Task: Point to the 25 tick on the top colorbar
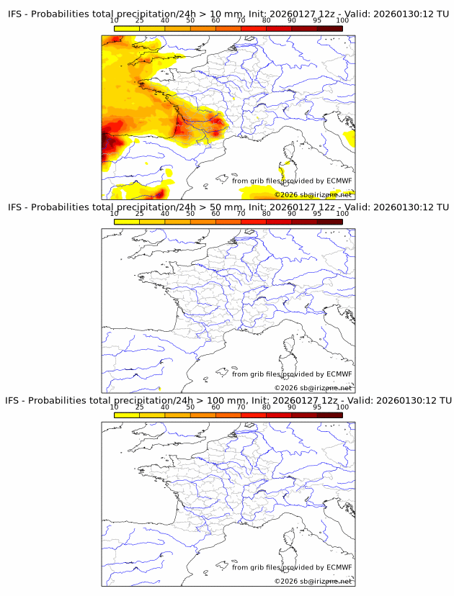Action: pos(140,21)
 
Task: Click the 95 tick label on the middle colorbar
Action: pos(317,214)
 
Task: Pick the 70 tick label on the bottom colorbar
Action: pos(241,407)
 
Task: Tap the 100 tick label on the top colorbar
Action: pos(342,21)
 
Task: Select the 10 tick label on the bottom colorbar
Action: pos(115,407)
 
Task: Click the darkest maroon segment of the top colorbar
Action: pos(329,29)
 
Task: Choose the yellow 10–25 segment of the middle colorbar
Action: pos(127,222)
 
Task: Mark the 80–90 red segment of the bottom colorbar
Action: pos(279,415)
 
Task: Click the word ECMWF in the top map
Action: pos(339,181)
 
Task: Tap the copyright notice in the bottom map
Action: pos(313,581)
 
